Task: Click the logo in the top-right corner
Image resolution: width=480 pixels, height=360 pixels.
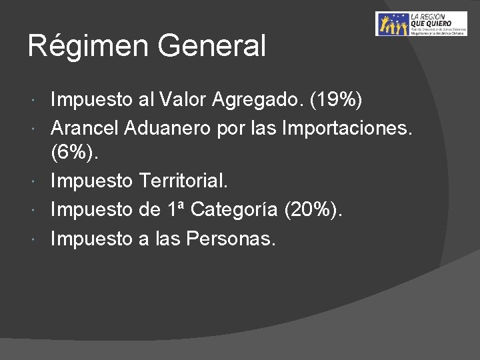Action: (x=421, y=24)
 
